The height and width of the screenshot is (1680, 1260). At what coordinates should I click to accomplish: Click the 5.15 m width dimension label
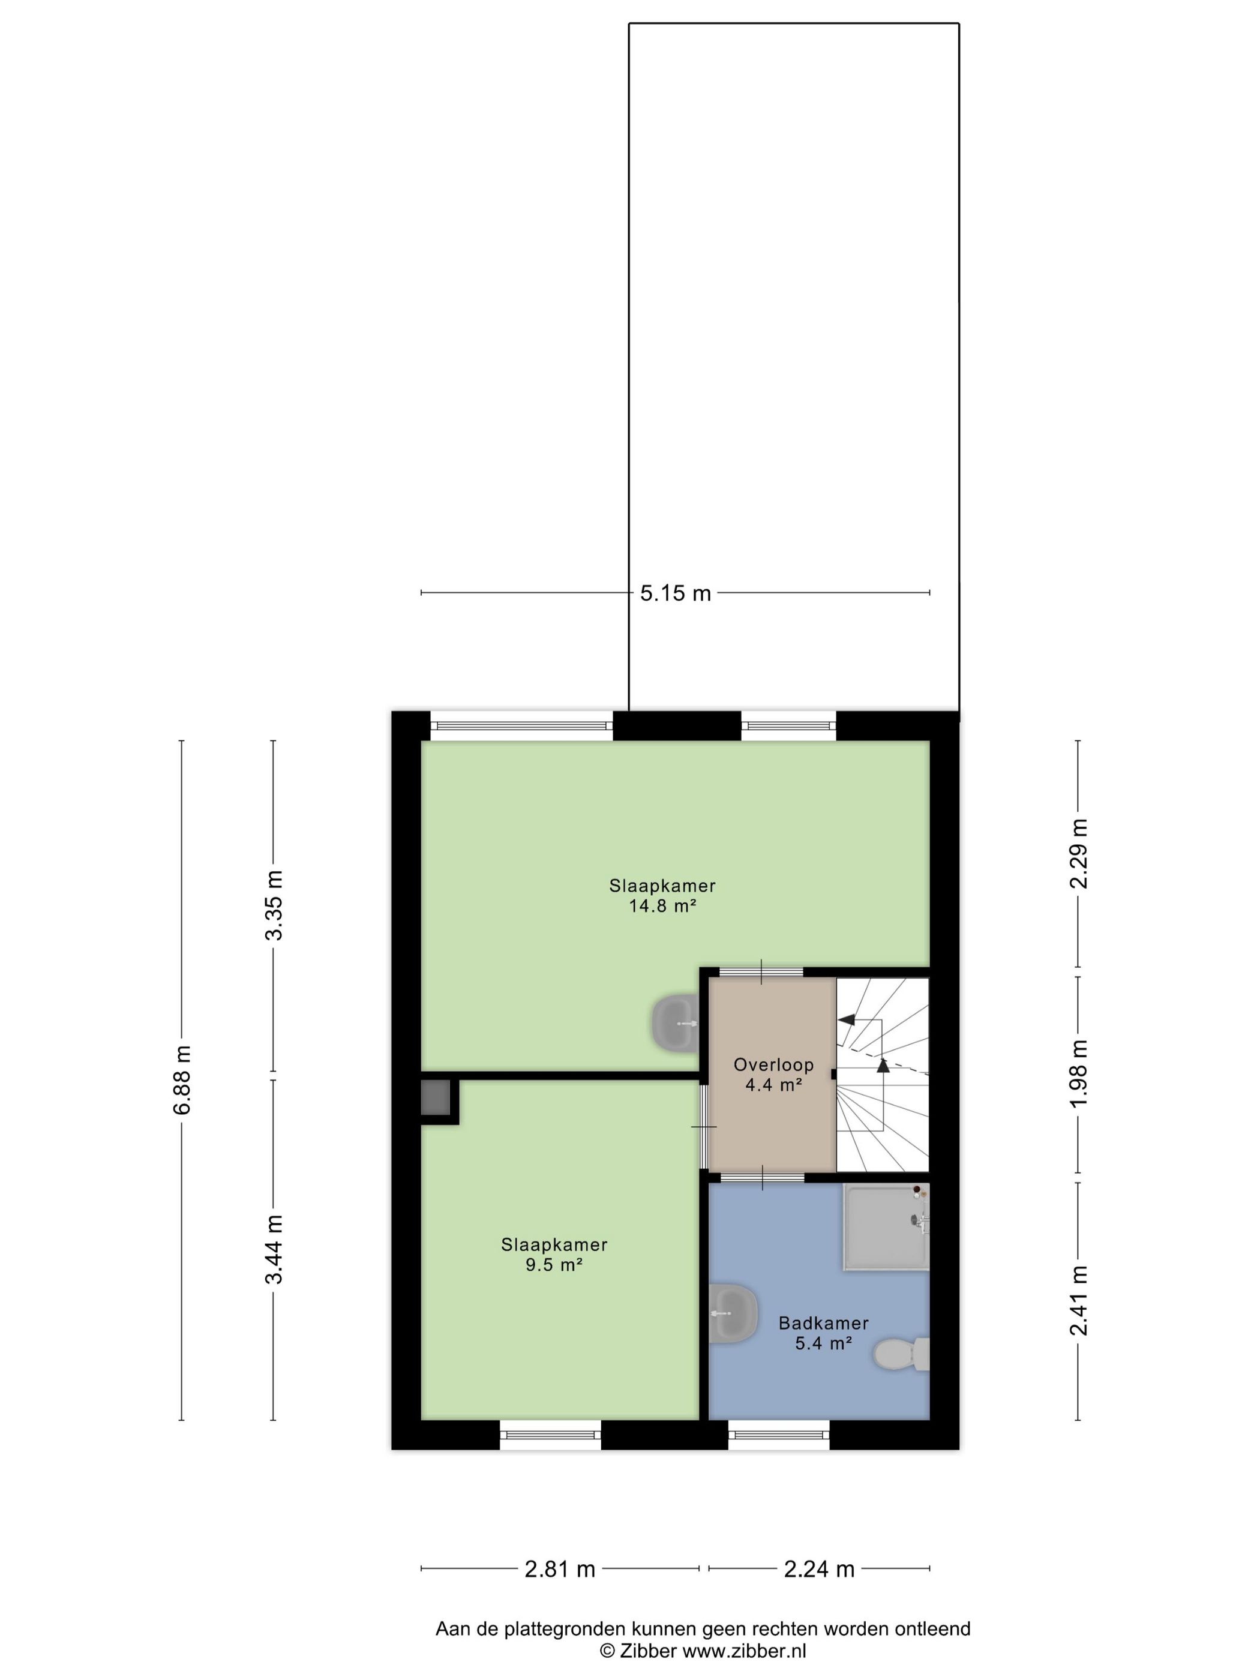(x=675, y=593)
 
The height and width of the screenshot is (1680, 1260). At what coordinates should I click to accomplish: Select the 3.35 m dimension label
(x=274, y=906)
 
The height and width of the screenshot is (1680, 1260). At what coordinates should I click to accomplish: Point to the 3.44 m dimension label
(x=274, y=1249)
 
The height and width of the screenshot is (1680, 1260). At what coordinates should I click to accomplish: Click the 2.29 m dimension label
(x=1078, y=854)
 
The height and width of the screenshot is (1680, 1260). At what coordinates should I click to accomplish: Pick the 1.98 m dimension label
(x=1078, y=1075)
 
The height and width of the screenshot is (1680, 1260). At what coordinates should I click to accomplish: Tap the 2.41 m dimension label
(x=1078, y=1300)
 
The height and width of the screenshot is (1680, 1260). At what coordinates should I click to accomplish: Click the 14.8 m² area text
(x=662, y=906)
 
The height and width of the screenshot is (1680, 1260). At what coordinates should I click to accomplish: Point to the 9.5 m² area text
(x=554, y=1265)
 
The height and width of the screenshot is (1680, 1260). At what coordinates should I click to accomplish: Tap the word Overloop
(x=773, y=1065)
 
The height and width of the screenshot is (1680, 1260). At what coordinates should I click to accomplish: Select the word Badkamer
(x=823, y=1323)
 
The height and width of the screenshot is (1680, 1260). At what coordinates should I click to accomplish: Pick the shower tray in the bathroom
(x=886, y=1226)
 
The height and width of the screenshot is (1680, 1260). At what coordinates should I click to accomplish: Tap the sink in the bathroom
(x=733, y=1313)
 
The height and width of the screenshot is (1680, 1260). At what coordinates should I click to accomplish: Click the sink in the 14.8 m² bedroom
(x=675, y=1024)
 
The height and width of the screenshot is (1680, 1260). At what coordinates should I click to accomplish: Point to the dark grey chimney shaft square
(x=436, y=1097)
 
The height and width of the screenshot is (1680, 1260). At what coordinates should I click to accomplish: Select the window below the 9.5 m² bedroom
(x=551, y=1435)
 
